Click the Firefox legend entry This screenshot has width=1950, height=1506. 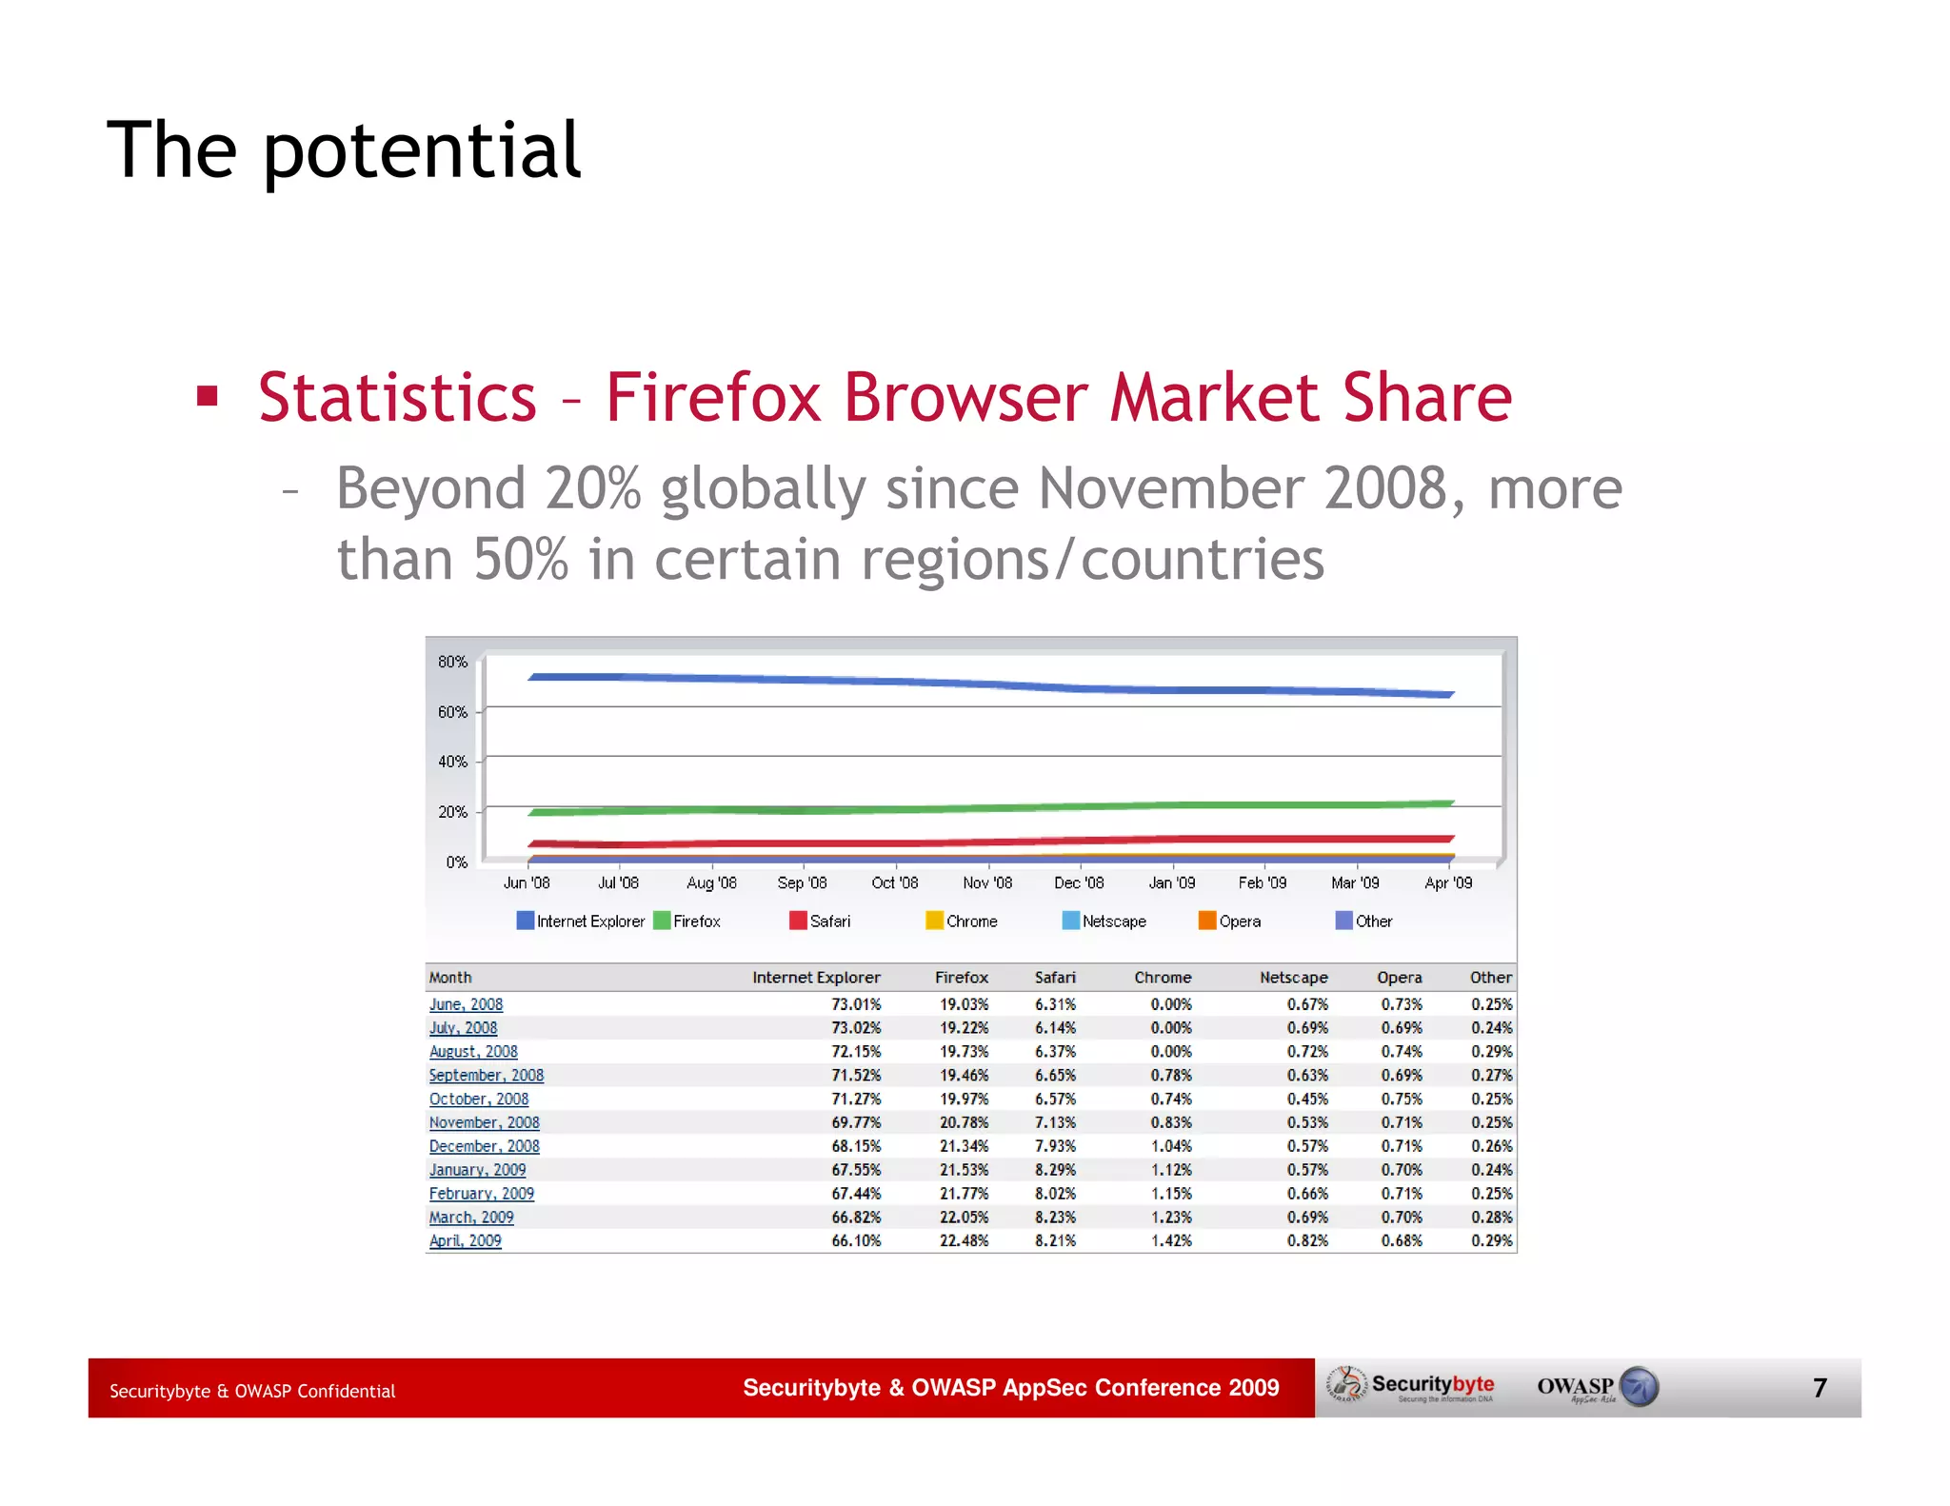click(687, 921)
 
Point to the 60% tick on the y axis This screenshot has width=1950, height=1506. click(452, 712)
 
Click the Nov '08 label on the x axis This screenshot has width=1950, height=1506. click(987, 883)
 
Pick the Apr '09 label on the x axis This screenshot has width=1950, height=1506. click(1447, 883)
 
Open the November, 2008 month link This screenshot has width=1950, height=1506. click(484, 1123)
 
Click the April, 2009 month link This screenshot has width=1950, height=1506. click(465, 1241)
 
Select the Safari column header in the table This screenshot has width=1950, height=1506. click(1055, 978)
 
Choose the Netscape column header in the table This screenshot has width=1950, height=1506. click(1293, 978)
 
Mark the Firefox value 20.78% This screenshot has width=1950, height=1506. click(964, 1123)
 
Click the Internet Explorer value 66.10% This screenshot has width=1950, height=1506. click(856, 1241)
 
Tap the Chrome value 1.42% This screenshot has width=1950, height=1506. click(1170, 1241)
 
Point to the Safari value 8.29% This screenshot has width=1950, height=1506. click(1055, 1170)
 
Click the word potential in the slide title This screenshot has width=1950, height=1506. click(421, 152)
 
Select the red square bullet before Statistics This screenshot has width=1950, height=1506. click(208, 396)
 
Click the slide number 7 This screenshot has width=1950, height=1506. click(1820, 1388)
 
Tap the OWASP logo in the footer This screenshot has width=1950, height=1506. click(1597, 1387)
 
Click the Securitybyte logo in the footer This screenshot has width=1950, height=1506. click(1411, 1386)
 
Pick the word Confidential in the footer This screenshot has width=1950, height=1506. click(346, 1392)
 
